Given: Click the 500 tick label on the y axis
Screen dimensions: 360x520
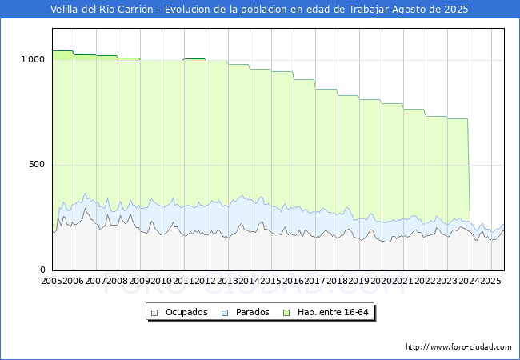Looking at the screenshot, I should (38, 165).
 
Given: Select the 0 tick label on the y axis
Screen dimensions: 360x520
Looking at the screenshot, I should (43, 270).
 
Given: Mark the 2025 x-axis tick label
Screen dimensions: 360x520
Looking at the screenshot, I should (490, 282).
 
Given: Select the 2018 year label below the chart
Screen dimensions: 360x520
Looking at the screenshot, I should (336, 282).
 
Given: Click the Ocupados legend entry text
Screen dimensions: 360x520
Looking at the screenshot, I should (186, 312).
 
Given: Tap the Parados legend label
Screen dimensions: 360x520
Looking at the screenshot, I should (253, 312).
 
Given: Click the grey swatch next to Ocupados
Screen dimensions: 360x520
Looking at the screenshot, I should (155, 312).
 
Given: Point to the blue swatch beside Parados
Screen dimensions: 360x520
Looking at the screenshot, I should (226, 312).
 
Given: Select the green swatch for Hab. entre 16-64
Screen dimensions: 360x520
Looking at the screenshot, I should (290, 312).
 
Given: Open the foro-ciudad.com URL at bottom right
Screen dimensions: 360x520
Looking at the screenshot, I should (458, 347).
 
